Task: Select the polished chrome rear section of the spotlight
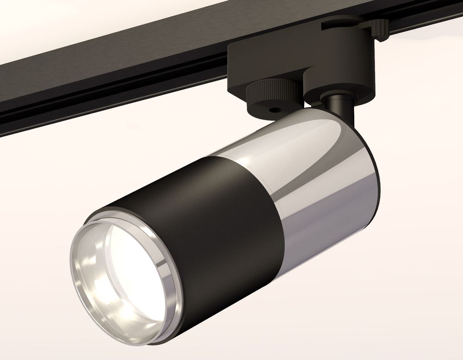319,176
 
